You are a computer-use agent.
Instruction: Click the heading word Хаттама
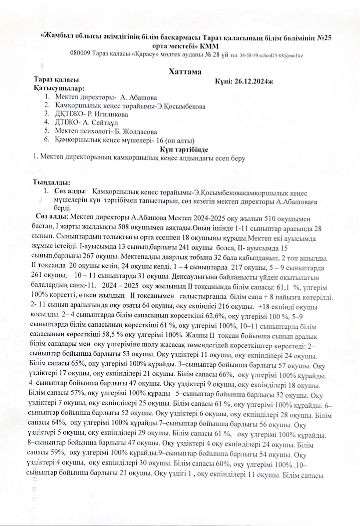pyautogui.click(x=185, y=72)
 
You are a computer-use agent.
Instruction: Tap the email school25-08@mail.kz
pyautogui.click(x=281, y=55)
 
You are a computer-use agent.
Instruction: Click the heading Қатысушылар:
pyautogui.click(x=58, y=88)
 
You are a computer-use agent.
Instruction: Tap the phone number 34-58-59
pyautogui.click(x=249, y=56)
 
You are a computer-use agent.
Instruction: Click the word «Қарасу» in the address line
pyautogui.click(x=145, y=54)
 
